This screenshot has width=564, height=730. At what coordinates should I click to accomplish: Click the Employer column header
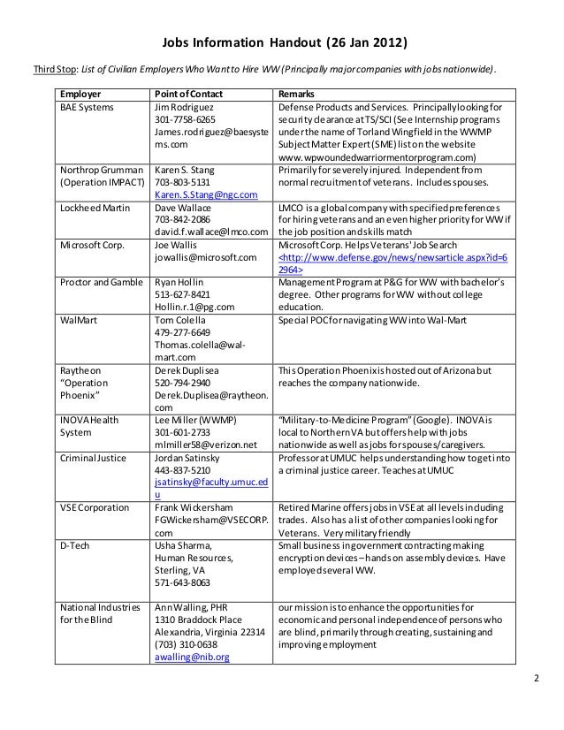(x=80, y=93)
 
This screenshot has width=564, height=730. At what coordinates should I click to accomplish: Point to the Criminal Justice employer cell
(x=93, y=458)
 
